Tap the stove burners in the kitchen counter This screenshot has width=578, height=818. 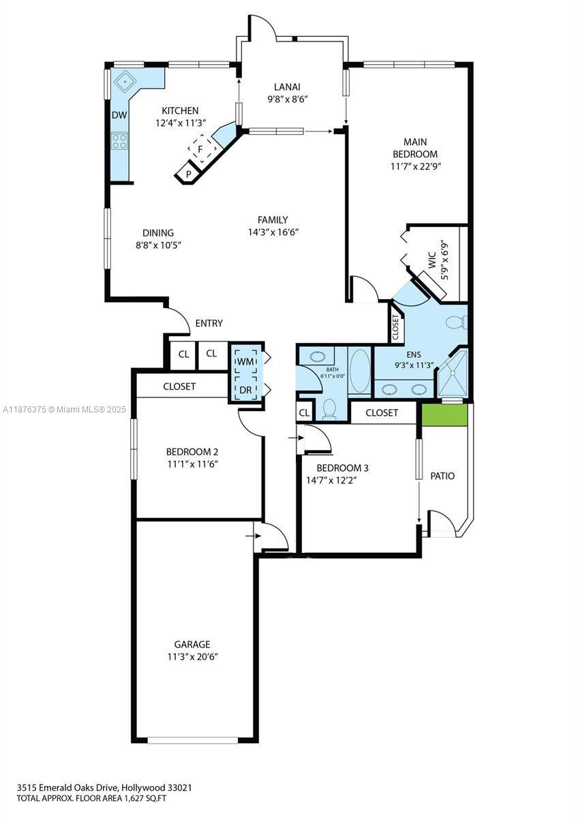(x=119, y=141)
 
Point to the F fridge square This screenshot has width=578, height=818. (x=200, y=148)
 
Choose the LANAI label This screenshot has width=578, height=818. (x=287, y=87)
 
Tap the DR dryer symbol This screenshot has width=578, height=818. (x=245, y=389)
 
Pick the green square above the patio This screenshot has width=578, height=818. (x=444, y=415)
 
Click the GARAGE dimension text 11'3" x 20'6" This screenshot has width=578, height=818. (x=192, y=656)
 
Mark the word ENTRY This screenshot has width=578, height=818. (x=209, y=323)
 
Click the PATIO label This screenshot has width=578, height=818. (x=442, y=476)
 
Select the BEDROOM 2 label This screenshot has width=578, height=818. (x=192, y=451)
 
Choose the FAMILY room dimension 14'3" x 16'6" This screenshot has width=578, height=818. (x=273, y=232)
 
